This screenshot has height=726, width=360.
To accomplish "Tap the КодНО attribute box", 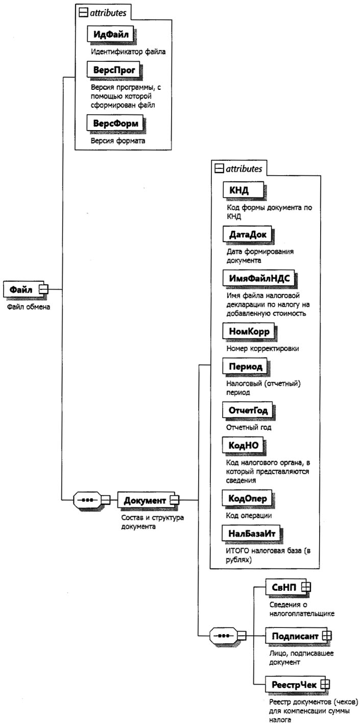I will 245,446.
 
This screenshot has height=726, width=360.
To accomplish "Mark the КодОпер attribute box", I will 249,497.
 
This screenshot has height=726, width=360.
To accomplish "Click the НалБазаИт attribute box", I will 253,534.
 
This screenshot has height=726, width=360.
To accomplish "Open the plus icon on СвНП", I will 305,589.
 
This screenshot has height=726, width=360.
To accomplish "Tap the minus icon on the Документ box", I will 174,499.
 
